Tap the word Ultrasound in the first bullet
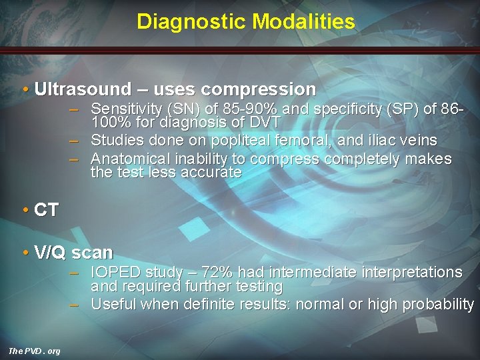click(x=83, y=89)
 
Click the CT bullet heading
click(x=45, y=210)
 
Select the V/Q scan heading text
click(x=73, y=253)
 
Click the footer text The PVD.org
click(x=34, y=351)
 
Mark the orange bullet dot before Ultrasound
click(x=25, y=89)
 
